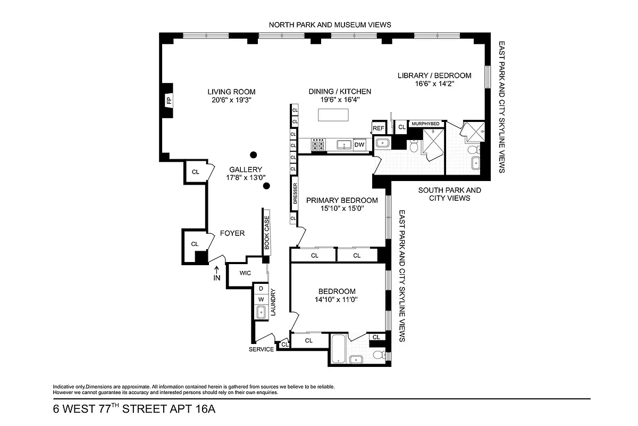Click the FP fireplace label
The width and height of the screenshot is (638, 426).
pos(169,100)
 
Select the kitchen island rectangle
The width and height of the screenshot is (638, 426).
pos(334,115)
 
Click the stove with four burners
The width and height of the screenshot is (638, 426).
pos(318,145)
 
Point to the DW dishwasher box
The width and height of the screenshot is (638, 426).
pos(359,145)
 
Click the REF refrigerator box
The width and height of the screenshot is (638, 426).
pos(378,128)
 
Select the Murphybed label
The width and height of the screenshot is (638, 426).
pos(425,124)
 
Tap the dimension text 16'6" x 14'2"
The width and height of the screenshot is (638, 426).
pos(434,84)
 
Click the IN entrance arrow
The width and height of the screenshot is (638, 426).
pos(216,274)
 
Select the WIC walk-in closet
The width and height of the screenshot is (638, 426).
pos(245,273)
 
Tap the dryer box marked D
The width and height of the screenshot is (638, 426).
pos(261,289)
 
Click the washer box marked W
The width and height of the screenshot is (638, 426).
pos(261,299)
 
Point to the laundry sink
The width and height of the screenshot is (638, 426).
pos(261,313)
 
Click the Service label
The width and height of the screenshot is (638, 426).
pos(262,349)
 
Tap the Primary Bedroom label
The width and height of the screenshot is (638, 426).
pos(342,201)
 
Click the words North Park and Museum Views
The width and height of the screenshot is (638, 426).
pos(330,24)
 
